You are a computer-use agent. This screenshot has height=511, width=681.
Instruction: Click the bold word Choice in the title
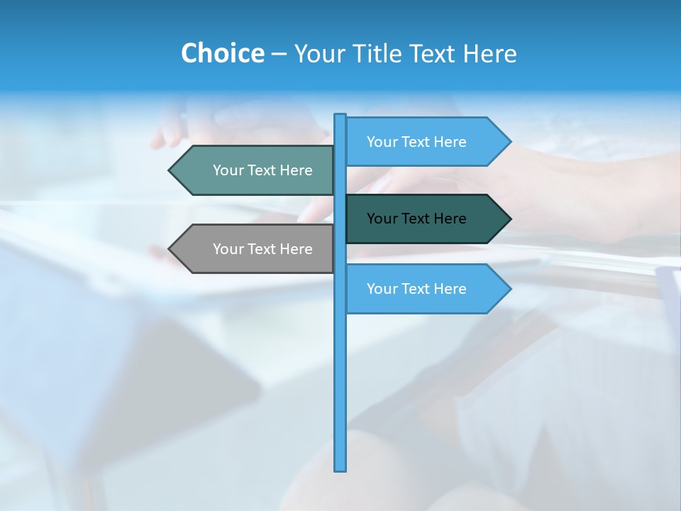point(222,53)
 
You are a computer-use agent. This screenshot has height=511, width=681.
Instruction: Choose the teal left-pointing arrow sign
point(255,170)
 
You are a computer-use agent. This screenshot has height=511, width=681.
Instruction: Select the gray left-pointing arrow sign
point(255,249)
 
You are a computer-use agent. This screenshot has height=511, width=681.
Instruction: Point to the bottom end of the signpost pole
point(340,468)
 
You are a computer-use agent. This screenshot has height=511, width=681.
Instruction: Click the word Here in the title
point(489,53)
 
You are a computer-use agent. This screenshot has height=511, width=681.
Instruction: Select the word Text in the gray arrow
point(262,249)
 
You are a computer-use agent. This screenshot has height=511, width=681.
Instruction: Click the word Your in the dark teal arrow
point(382,219)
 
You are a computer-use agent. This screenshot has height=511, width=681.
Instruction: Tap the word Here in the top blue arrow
point(450,142)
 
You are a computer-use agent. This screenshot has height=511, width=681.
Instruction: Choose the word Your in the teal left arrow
point(228,170)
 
